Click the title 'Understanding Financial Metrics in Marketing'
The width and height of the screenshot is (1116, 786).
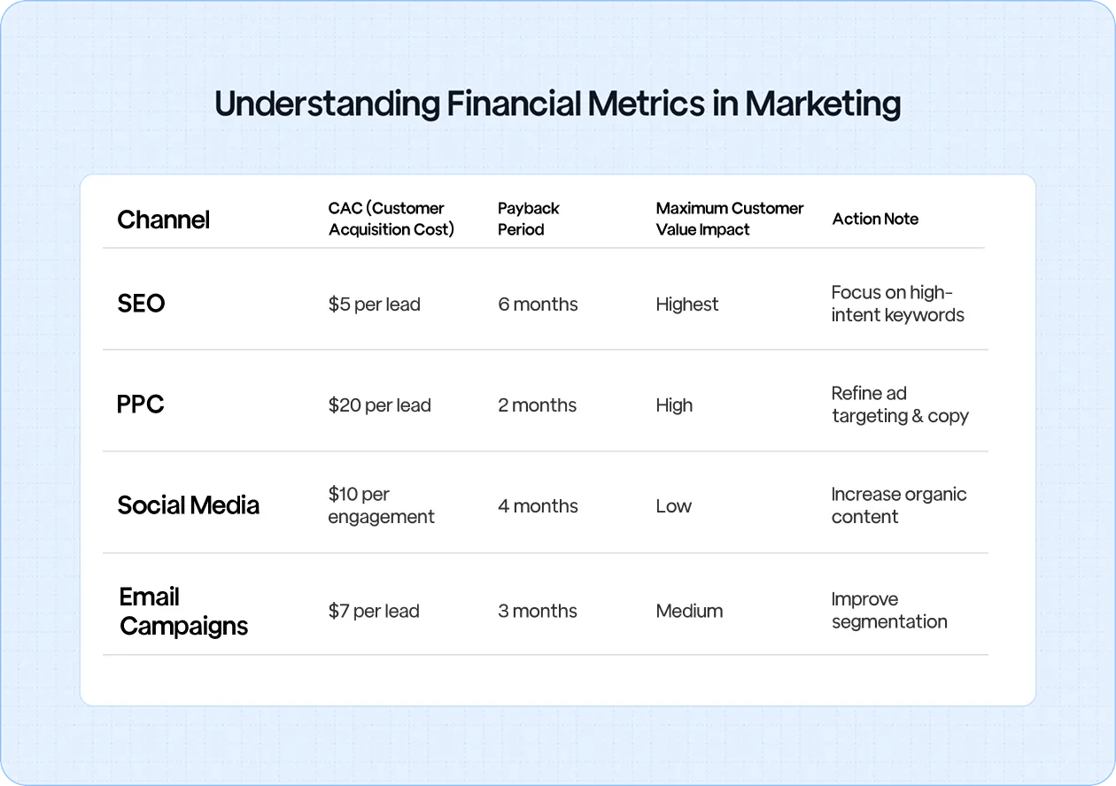(557, 104)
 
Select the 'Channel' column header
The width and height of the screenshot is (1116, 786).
(163, 220)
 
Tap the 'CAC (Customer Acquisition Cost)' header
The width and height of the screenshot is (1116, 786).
(391, 219)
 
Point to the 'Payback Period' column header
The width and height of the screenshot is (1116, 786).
(528, 219)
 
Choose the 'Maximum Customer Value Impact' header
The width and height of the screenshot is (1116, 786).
(729, 219)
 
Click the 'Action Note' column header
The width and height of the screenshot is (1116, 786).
(875, 220)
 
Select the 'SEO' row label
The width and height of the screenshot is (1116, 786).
(141, 304)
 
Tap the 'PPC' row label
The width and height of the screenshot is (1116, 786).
(140, 405)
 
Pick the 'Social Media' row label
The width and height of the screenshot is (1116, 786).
(188, 505)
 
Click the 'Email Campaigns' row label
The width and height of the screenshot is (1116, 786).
(183, 611)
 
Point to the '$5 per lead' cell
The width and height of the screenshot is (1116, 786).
(374, 304)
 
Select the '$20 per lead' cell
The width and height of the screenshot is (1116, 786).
(379, 405)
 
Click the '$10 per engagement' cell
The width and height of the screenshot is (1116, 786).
(381, 505)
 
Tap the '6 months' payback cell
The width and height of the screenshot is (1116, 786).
(538, 304)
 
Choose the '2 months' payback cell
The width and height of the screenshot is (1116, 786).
(537, 405)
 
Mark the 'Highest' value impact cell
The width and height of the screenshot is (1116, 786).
(687, 304)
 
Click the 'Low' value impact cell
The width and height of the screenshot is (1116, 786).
(673, 506)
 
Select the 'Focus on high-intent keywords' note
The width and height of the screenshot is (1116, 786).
(897, 304)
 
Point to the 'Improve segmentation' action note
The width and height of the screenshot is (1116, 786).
(888, 611)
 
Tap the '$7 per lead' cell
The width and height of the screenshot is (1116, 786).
(374, 611)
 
